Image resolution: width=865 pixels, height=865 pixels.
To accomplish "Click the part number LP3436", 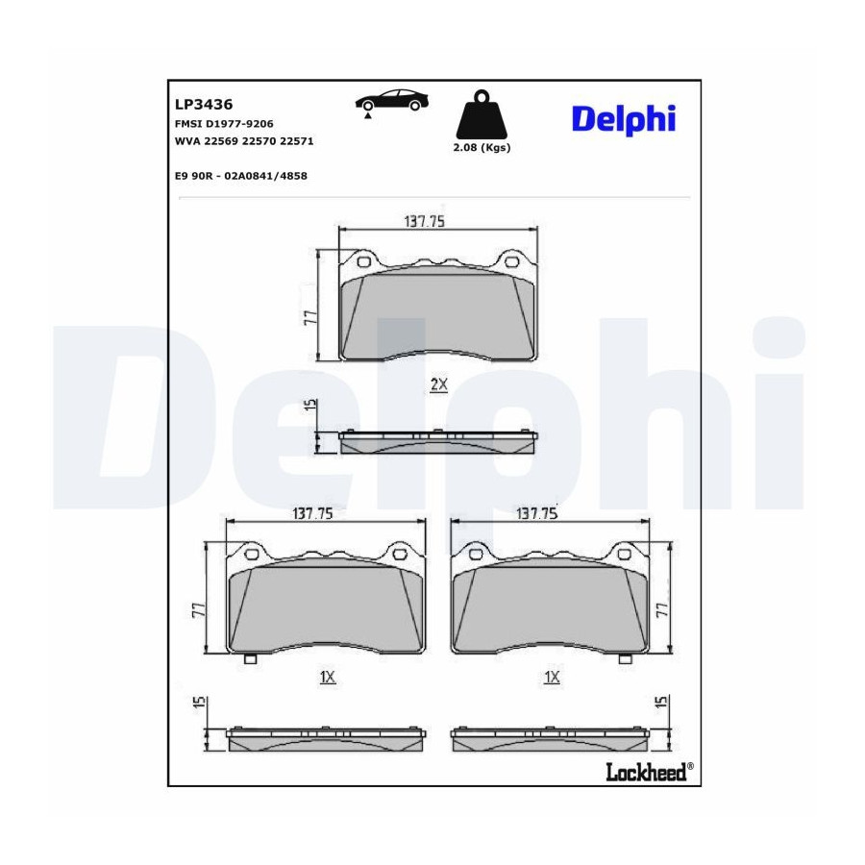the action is point(204,104).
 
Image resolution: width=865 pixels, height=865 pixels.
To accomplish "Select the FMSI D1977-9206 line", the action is point(224,124).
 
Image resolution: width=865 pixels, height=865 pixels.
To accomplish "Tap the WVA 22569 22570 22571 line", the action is point(244,141).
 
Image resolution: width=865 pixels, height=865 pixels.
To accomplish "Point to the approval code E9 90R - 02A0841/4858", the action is point(240,176).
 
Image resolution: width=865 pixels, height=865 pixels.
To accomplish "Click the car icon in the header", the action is point(392,102).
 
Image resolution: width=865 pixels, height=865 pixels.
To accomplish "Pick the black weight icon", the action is point(482,114).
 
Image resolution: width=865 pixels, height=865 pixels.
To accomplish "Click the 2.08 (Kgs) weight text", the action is point(482,147).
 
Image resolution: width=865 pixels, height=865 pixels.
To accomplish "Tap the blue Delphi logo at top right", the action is point(624,119).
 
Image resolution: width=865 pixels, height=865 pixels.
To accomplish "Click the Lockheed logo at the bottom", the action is point(650,771).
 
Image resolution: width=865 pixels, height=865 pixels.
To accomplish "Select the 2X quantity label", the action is point(438,384).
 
